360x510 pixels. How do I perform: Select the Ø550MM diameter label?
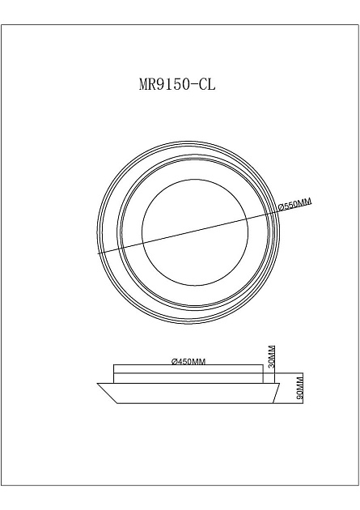294,206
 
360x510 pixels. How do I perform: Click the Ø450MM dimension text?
188,362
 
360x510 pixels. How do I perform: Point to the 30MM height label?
272,356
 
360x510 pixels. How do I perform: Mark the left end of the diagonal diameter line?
98,253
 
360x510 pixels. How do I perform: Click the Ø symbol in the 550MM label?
281,206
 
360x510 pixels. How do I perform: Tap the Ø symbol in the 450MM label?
175,362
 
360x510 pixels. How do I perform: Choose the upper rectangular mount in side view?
188,374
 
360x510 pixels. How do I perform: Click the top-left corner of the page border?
4,25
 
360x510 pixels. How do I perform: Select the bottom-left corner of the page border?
4,485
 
